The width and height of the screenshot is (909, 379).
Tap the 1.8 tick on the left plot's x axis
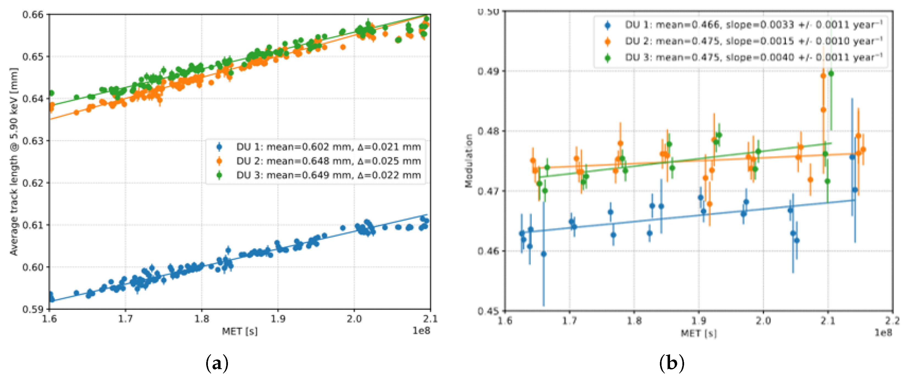202,319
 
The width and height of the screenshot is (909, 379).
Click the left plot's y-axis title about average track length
13,162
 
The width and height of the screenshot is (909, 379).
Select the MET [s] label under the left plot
239,331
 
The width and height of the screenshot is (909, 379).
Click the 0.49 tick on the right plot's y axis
488,71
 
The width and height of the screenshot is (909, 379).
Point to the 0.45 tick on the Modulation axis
488,311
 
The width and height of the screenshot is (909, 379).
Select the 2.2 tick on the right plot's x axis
893,321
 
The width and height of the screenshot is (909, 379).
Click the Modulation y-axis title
469,161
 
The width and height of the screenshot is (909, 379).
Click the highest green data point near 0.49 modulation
831,73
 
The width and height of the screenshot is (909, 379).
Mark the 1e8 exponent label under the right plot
883,333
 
